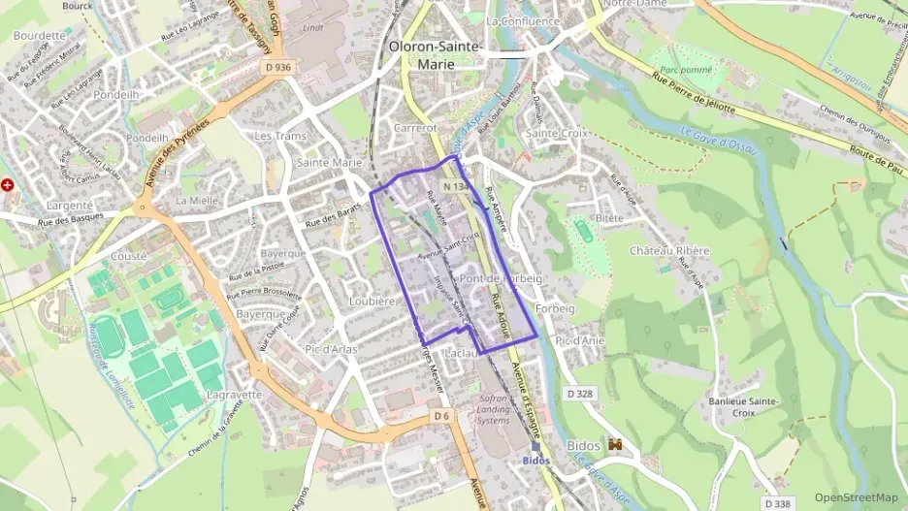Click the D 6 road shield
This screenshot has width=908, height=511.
(441, 416)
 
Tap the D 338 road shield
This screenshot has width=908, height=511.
(777, 503)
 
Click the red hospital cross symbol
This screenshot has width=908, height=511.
(8, 184)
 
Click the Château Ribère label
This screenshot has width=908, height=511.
(669, 250)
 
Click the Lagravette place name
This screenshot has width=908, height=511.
(234, 395)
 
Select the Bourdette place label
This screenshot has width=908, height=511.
(39, 35)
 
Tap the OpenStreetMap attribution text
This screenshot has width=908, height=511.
(856, 497)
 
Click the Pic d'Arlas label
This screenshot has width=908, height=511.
(332, 348)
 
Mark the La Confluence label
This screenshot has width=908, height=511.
(523, 20)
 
